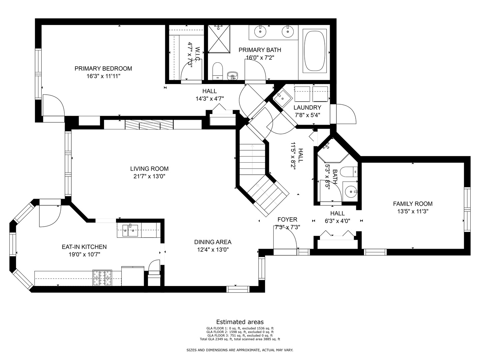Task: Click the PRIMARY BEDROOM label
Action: click(103, 69)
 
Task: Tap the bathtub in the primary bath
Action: click(314, 51)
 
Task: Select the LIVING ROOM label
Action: click(149, 169)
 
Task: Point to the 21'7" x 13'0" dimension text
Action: click(149, 176)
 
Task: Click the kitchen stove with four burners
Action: click(102, 278)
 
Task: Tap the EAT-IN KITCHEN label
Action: click(84, 247)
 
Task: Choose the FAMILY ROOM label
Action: click(413, 204)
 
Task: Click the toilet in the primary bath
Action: click(217, 71)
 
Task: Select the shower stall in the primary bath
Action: click(219, 39)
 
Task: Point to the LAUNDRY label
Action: click(307, 108)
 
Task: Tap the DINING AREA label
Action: click(213, 242)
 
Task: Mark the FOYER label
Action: click(287, 219)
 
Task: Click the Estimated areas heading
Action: click(240, 322)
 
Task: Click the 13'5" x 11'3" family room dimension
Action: click(413, 211)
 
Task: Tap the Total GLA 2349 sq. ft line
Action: click(240, 339)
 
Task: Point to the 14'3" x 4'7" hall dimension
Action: click(210, 99)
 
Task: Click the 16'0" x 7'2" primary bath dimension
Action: click(260, 58)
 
